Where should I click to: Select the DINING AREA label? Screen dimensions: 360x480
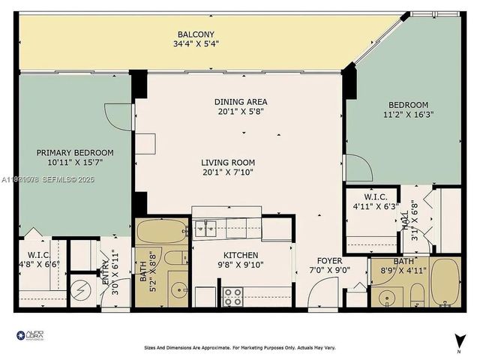[241, 102]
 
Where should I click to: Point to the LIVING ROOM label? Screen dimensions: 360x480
[227, 162]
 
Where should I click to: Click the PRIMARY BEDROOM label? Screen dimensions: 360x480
[75, 152]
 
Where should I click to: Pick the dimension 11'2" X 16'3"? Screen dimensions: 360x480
[408, 115]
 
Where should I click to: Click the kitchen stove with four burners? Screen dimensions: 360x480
[232, 297]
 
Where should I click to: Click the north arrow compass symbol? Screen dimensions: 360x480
[457, 341]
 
